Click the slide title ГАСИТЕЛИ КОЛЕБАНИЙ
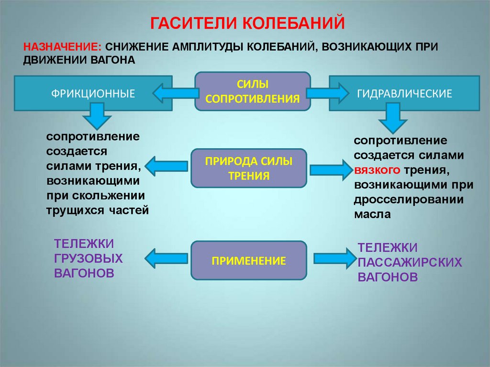coord(248,22)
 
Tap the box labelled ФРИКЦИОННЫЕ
coord(93,93)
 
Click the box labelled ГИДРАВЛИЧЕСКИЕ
coord(404,93)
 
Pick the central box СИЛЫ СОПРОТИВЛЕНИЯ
coord(252,91)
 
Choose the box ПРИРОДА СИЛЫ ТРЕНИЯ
coord(248,168)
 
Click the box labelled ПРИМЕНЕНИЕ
coord(248,261)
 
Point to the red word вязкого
coord(377,170)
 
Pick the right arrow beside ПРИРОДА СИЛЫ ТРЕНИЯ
coord(330,169)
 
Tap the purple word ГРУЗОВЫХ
coord(89,258)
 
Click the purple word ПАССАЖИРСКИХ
coord(410,263)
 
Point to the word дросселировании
coord(409,200)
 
